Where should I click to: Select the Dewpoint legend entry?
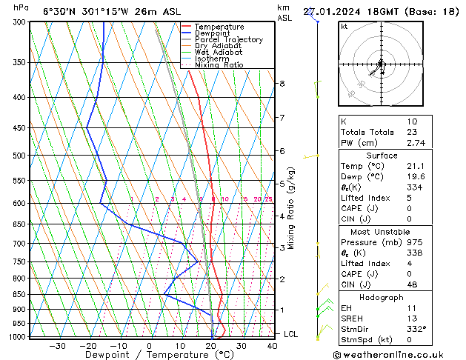click(x=211, y=33)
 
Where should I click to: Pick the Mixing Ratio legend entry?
click(x=219, y=65)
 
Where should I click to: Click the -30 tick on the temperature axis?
click(x=57, y=346)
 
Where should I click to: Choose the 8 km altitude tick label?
click(x=282, y=84)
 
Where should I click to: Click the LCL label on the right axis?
click(x=291, y=334)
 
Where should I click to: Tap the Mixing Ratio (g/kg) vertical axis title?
click(x=291, y=208)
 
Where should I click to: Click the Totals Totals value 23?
click(x=412, y=132)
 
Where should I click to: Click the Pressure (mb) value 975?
click(x=414, y=242)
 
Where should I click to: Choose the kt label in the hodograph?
click(x=344, y=27)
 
